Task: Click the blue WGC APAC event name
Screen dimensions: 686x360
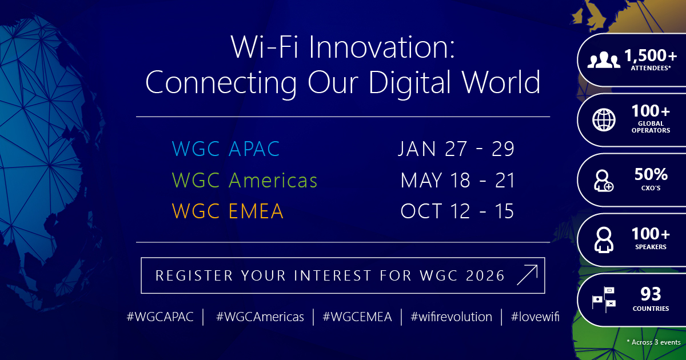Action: point(226,149)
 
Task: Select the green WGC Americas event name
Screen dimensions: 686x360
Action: point(245,180)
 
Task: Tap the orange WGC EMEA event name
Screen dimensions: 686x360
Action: point(228,211)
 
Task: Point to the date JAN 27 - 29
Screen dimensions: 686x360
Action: point(456,149)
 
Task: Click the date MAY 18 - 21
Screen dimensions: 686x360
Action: point(457,181)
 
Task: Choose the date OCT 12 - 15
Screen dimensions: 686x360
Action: point(457,211)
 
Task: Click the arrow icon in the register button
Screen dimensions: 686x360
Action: point(527,275)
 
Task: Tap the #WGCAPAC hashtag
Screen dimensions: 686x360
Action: point(160,317)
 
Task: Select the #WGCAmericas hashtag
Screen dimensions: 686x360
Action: point(260,317)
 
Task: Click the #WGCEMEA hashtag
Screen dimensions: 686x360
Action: point(357,317)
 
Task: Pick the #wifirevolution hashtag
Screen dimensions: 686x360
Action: point(452,317)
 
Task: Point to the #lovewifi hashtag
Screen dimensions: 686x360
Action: point(535,317)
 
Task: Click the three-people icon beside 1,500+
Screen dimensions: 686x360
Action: point(604,59)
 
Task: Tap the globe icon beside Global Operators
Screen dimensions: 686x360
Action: point(604,119)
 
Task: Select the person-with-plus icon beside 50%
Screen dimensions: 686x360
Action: point(604,181)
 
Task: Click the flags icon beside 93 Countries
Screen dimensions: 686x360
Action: point(604,299)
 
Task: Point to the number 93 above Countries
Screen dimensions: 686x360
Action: point(651,294)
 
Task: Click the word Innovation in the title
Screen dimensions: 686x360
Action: point(382,47)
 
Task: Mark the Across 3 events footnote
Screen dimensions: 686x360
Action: point(653,342)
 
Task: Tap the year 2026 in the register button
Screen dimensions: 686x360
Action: point(485,275)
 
